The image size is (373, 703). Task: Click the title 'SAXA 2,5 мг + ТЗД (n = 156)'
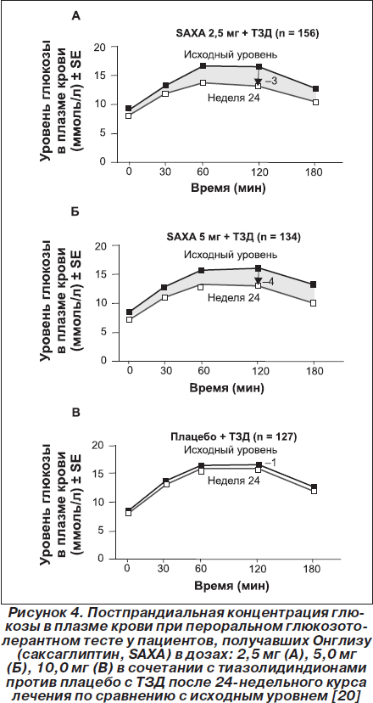[x=247, y=33]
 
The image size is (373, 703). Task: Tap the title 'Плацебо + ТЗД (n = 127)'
[x=233, y=436]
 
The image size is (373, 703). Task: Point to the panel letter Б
[x=75, y=211]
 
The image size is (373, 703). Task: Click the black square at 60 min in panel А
[x=203, y=66]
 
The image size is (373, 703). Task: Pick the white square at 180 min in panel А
[x=315, y=102]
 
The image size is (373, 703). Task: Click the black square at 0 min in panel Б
[x=130, y=312]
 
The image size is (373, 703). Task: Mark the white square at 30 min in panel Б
[x=164, y=297]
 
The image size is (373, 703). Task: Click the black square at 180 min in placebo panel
[x=314, y=486]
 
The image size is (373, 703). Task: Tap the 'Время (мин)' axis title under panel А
[x=228, y=188]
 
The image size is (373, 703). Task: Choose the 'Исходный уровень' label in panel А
[x=231, y=55]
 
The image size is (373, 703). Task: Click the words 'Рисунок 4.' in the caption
[x=37, y=613]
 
